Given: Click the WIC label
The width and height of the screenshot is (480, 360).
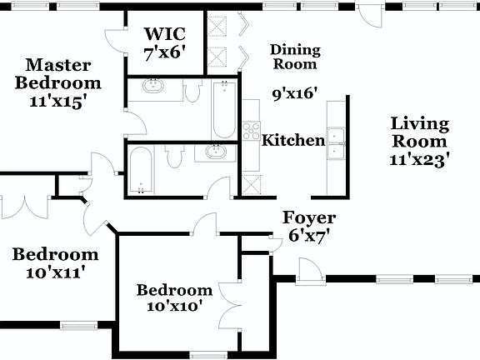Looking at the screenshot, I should point(163,34).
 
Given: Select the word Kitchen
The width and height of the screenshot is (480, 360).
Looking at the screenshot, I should point(293,140).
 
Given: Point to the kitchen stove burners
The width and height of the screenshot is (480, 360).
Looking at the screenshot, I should point(250,131).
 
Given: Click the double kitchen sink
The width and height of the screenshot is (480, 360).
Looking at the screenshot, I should point(337,143).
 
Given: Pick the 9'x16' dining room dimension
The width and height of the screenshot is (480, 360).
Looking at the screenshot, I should point(296,94).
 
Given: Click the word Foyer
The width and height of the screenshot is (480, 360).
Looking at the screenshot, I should point(308,218).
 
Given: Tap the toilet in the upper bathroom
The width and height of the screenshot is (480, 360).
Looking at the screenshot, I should point(192,91).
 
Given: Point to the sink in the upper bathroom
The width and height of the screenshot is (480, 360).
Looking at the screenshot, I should point(153,87).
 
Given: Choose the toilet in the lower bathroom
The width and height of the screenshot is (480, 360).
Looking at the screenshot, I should point(174,156).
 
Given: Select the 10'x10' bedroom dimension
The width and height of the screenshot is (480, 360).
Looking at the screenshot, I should point(175,307).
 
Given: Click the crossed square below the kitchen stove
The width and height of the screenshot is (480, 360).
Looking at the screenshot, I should point(249,183).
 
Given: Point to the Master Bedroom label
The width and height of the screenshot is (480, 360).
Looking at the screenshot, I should point(58,73).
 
